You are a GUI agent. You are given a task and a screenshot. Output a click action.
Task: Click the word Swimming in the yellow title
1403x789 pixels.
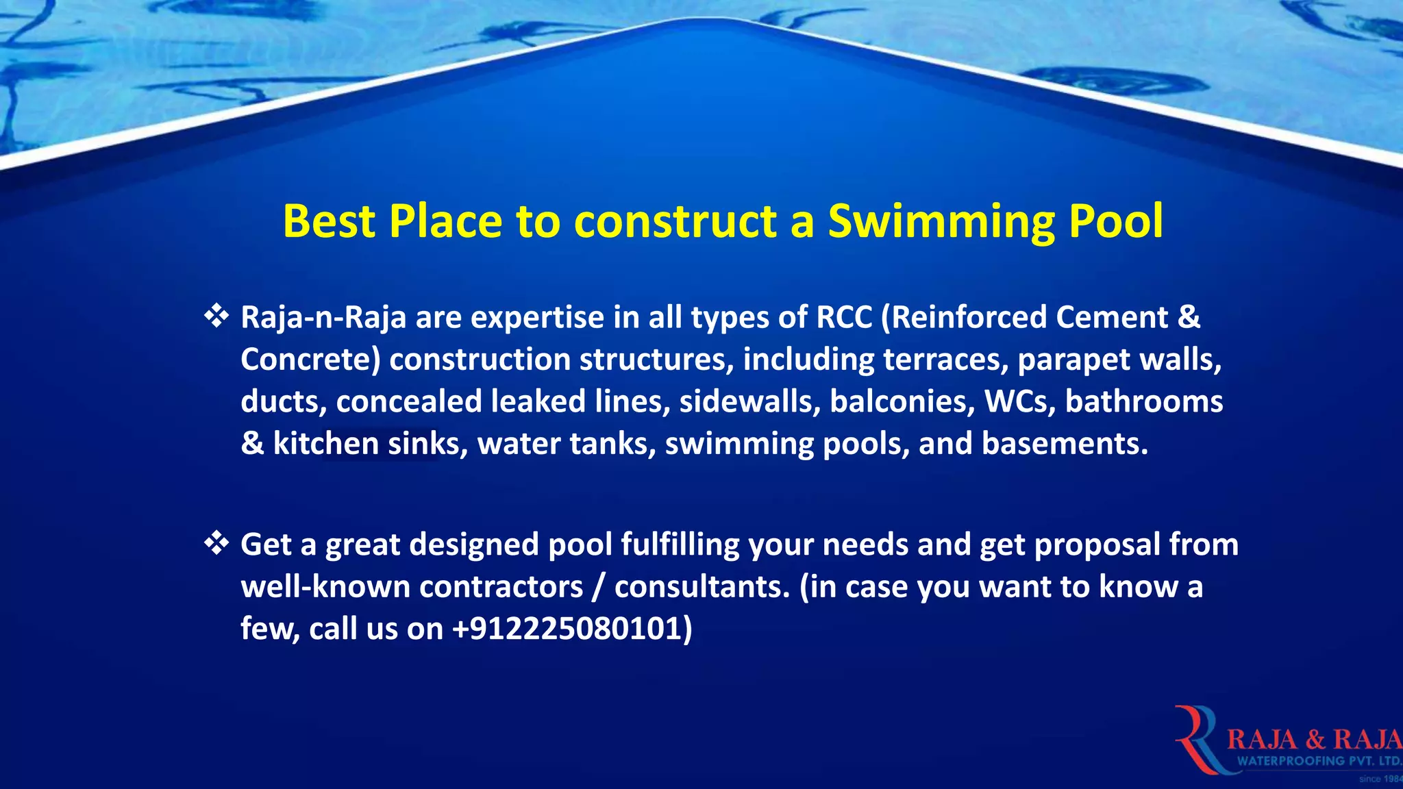[941, 222]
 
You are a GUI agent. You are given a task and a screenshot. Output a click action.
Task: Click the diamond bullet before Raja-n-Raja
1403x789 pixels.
[216, 316]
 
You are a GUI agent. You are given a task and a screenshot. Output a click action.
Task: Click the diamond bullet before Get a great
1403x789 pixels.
[216, 543]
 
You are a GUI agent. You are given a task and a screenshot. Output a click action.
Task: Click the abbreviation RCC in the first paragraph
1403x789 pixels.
[844, 317]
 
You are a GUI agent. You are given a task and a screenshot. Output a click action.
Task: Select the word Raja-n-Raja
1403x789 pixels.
[323, 318]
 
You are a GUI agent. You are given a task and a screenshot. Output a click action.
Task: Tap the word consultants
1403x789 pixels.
[702, 587]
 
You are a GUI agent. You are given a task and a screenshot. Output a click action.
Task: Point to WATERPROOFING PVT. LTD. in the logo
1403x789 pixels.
[1319, 761]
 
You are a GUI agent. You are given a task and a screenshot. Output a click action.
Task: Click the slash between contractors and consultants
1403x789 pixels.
[599, 587]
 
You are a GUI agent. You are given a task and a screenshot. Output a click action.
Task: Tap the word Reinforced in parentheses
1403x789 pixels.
[965, 317]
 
